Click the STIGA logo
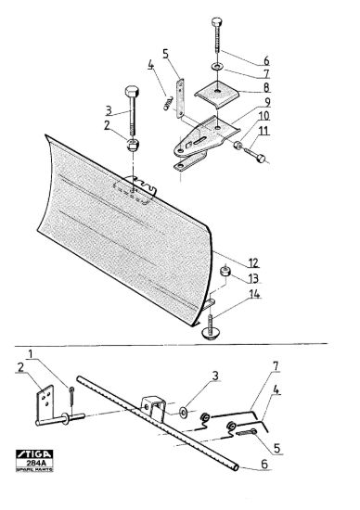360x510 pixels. (x=34, y=454)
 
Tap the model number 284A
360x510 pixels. (x=34, y=463)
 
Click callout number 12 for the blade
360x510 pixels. (x=253, y=262)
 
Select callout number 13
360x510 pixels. (x=253, y=278)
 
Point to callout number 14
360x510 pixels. (x=254, y=294)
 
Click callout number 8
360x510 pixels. (x=266, y=87)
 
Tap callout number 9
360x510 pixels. (x=267, y=102)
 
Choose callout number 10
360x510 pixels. (x=264, y=116)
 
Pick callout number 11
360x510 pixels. (x=264, y=131)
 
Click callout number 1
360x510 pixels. (x=31, y=353)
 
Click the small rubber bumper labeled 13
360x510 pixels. (x=225, y=271)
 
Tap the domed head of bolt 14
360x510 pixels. (x=210, y=333)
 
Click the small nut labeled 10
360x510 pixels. (x=238, y=144)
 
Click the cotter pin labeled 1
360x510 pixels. (x=71, y=396)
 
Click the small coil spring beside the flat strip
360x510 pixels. (x=168, y=103)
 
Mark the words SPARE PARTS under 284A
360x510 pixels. (x=34, y=469)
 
